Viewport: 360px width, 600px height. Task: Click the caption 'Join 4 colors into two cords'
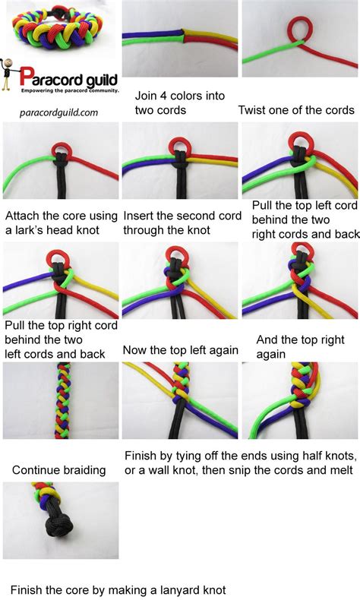coord(171,103)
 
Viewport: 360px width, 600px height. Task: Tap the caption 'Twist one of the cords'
coord(296,109)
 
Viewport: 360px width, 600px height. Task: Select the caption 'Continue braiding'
coord(58,470)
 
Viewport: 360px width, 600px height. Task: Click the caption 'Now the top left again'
coord(180,350)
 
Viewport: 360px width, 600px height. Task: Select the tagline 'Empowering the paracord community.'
coord(69,90)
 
